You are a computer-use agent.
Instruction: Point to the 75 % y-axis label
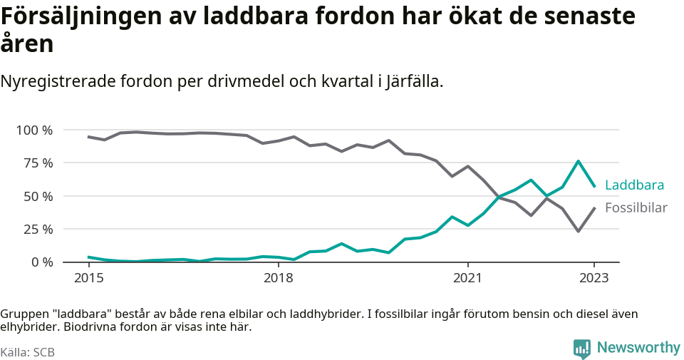pyautogui.click(x=38, y=163)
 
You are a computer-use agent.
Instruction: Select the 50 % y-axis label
pyautogui.click(x=38, y=196)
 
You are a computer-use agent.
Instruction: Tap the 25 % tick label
pyautogui.click(x=38, y=230)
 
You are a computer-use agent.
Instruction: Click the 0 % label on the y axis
pyautogui.click(x=41, y=262)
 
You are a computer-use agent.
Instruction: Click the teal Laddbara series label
pyautogui.click(x=634, y=185)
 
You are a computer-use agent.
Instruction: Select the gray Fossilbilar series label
pyautogui.click(x=636, y=208)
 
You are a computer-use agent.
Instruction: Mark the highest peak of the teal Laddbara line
pyautogui.click(x=578, y=161)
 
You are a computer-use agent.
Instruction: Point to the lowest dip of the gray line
pyautogui.click(x=578, y=231)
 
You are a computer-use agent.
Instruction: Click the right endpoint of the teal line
pyautogui.click(x=594, y=186)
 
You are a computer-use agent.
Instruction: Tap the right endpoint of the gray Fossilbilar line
pyautogui.click(x=594, y=208)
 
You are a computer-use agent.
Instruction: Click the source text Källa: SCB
pyautogui.click(x=28, y=352)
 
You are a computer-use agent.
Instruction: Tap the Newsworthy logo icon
pyautogui.click(x=582, y=348)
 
